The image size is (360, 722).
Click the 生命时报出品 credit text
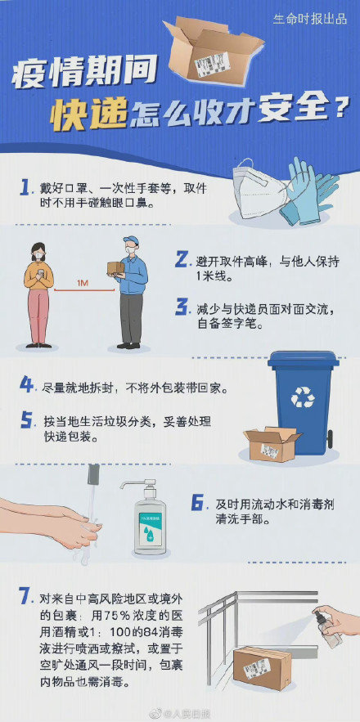[x=310, y=18]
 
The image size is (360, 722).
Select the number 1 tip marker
[x=26, y=188]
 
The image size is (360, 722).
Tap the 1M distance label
[x=83, y=283]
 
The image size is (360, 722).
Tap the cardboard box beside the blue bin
[x=271, y=446]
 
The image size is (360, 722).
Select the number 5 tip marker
[x=26, y=420]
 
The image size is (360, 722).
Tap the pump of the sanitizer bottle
[x=137, y=487]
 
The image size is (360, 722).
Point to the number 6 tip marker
[x=197, y=504]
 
